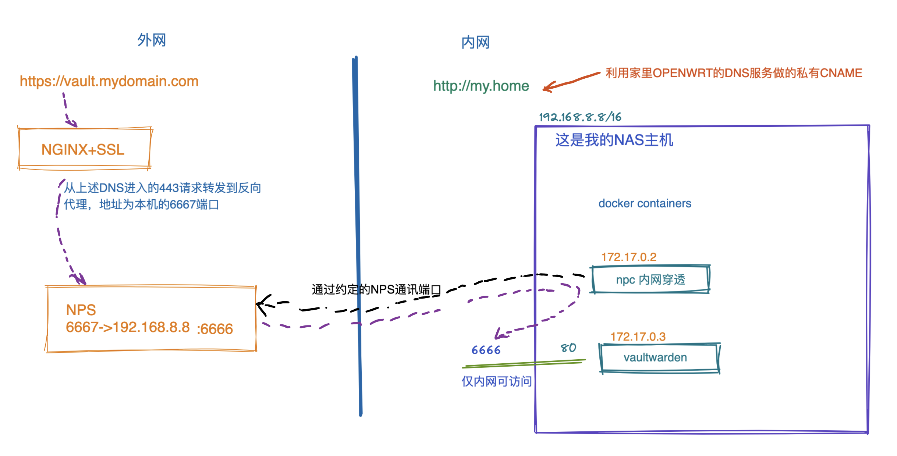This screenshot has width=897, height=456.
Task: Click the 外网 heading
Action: coord(152,40)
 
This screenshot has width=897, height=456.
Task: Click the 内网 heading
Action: coord(475,43)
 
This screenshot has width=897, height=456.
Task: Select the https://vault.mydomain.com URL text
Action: coord(109,81)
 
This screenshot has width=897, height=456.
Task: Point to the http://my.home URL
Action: coord(481,86)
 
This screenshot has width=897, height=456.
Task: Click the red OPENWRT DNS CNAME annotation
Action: coord(734,73)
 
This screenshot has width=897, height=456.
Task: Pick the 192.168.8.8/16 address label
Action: coord(580,117)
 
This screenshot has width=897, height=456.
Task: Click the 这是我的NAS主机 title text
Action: coord(614,140)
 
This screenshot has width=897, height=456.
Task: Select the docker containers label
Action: coord(645,203)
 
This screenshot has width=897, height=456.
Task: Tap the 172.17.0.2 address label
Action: coord(629,257)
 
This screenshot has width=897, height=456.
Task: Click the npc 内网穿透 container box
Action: coord(650,279)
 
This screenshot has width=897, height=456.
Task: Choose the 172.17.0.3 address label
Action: coord(638,336)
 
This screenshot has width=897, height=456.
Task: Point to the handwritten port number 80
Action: coord(568,348)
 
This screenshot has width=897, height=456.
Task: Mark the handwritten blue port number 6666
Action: coord(486,350)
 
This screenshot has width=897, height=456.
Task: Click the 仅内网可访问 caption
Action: coord(497,381)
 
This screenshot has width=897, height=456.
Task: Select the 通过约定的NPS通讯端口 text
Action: coord(376,289)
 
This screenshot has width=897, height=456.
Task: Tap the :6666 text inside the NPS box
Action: coord(215,329)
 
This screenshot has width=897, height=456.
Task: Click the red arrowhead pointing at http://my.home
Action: coord(546,88)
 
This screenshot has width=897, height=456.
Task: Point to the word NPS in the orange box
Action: coord(81,310)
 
